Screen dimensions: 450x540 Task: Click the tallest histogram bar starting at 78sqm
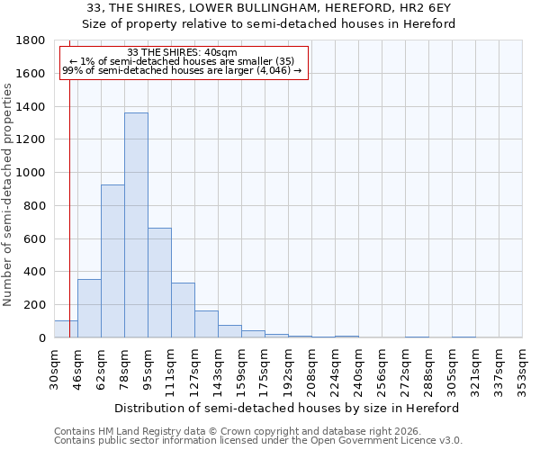[x=136, y=225]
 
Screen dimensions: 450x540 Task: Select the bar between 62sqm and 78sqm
[x=112, y=261]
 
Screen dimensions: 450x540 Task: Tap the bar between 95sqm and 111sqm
[x=159, y=283]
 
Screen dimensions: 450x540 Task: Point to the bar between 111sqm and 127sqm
[x=183, y=310]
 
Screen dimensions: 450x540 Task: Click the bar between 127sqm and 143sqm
[x=206, y=324]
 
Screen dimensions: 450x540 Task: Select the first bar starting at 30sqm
[x=66, y=329]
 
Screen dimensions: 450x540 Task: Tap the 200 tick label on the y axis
[x=35, y=305]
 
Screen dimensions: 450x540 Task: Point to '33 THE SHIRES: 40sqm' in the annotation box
[x=183, y=53]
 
